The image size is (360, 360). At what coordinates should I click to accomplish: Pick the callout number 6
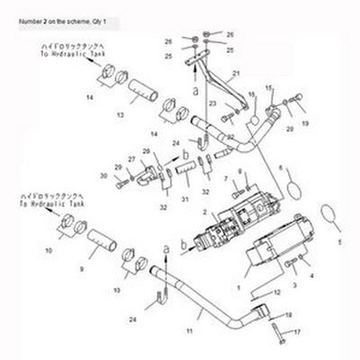pos(305,167)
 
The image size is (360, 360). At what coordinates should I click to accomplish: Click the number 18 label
pos(288,316)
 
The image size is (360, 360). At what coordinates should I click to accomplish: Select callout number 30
pos(103,175)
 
